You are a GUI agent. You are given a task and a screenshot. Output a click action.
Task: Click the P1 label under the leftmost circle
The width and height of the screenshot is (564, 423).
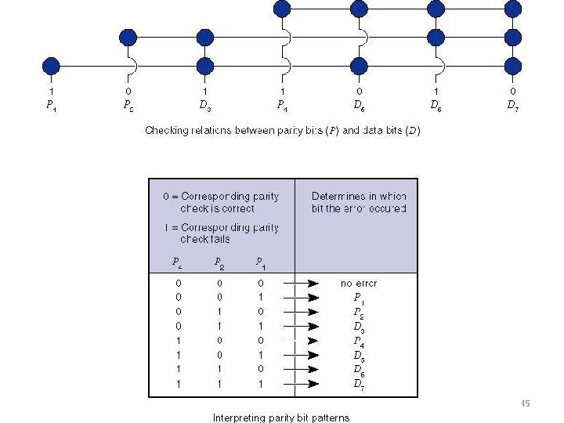coord(51,104)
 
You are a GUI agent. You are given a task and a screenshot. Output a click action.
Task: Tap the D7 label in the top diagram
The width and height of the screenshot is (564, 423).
coord(512,104)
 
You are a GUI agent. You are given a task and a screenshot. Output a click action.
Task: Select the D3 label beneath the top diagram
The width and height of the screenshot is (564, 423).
coord(204,104)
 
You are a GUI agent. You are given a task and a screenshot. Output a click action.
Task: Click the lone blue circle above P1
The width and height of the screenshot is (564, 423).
coord(51,65)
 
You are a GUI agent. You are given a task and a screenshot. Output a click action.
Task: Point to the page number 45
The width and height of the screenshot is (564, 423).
coord(525,403)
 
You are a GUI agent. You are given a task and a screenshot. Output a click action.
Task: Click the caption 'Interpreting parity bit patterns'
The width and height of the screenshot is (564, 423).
coord(281,418)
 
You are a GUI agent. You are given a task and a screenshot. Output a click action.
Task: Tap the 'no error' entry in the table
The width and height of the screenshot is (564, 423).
coord(358,283)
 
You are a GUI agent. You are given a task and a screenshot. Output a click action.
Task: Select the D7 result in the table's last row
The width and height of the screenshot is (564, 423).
coord(358,383)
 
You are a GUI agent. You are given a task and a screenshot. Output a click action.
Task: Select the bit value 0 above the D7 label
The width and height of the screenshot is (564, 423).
coord(512,91)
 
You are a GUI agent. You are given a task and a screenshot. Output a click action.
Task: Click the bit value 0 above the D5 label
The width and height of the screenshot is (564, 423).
coord(358,91)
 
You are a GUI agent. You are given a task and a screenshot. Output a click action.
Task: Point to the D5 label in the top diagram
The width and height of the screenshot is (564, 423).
coord(358,104)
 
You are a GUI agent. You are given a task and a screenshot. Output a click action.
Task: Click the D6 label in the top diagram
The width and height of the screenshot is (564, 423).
coord(436,104)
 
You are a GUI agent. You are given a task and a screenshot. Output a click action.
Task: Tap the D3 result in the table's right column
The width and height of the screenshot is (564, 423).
coord(358,326)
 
